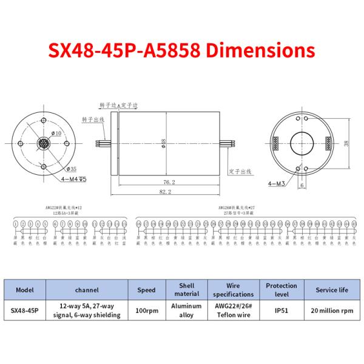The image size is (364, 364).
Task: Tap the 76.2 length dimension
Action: tap(169, 182)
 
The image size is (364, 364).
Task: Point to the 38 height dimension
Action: tap(346, 144)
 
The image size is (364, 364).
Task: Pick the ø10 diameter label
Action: tap(58, 133)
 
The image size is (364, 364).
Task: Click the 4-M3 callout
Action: tap(275, 183)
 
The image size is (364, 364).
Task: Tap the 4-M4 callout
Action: tap(74, 180)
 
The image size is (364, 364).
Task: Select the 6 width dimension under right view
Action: tap(302, 186)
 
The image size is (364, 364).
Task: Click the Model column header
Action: tap(25, 290)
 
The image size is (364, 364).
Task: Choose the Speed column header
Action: tap(146, 290)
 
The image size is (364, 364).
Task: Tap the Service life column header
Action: tap(331, 290)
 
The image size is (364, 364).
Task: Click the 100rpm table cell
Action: tap(146, 311)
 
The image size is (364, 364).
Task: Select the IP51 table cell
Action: tap(281, 311)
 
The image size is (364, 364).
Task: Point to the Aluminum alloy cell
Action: tap(186, 311)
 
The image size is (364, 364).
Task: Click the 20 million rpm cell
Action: tap(331, 311)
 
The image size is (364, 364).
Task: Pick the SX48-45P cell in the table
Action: tap(25, 311)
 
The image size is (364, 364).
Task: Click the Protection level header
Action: tap(281, 290)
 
